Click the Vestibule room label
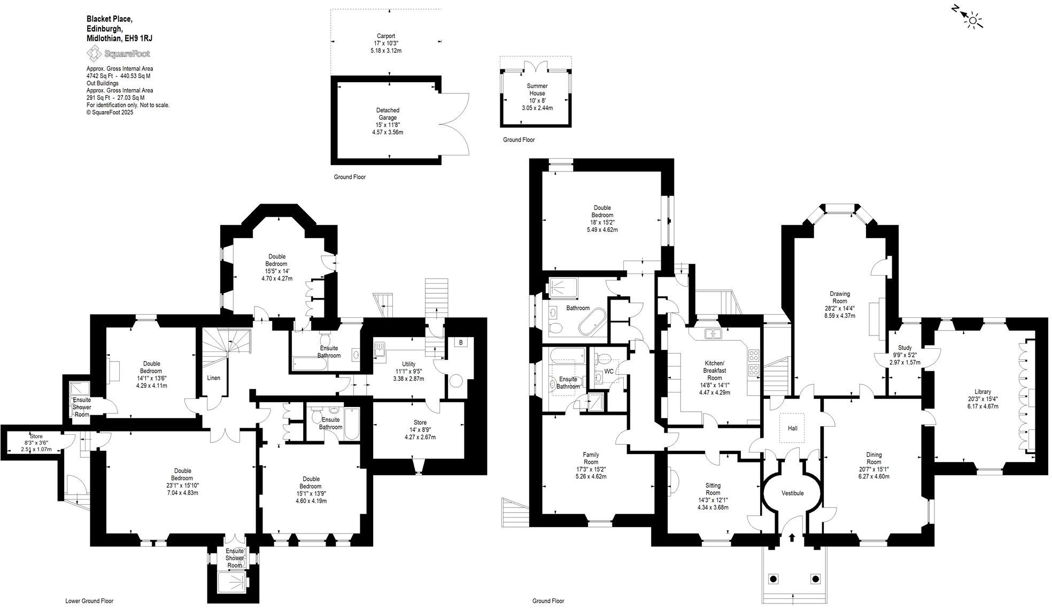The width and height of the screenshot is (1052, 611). tap(792, 493)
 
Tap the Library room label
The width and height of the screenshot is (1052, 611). tap(983, 391)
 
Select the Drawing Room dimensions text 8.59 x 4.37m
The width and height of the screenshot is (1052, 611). tap(840, 316)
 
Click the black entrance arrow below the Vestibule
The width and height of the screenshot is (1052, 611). tap(792, 537)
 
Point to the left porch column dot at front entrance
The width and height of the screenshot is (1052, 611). tap(772, 578)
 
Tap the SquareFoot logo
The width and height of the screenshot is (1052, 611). tap(119, 53)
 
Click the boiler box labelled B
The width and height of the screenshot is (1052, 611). tap(461, 342)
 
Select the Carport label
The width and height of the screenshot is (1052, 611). tap(385, 36)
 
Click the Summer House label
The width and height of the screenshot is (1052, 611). tap(537, 89)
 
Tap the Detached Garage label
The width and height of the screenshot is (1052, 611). tap(388, 114)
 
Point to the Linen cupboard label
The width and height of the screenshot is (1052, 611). tap(213, 378)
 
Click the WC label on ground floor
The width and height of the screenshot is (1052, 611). tap(609, 371)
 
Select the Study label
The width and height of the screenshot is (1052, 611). tap(904, 348)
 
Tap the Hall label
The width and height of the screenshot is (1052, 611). tap(792, 428)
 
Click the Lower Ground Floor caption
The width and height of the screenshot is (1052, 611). tap(89, 601)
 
